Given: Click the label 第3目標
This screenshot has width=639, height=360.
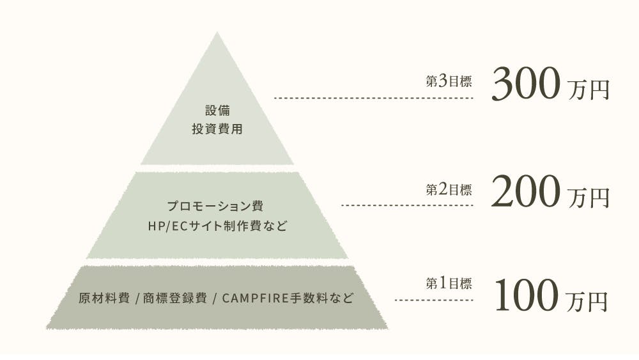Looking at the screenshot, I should (x=449, y=82).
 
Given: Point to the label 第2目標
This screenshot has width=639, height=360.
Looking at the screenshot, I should (x=449, y=190).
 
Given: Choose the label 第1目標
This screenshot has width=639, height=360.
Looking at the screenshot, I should (x=449, y=283).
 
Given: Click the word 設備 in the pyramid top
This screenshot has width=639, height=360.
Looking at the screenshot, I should (x=217, y=109).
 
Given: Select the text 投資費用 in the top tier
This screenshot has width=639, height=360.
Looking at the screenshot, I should (x=217, y=129).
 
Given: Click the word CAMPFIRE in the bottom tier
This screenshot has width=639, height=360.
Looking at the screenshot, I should (x=256, y=298).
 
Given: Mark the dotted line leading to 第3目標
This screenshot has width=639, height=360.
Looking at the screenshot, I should (x=373, y=98).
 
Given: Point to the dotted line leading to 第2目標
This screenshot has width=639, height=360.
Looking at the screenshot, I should (x=407, y=205).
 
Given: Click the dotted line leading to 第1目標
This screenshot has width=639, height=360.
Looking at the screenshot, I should (x=434, y=299).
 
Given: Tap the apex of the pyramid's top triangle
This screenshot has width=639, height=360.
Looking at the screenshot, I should (x=217, y=34).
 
